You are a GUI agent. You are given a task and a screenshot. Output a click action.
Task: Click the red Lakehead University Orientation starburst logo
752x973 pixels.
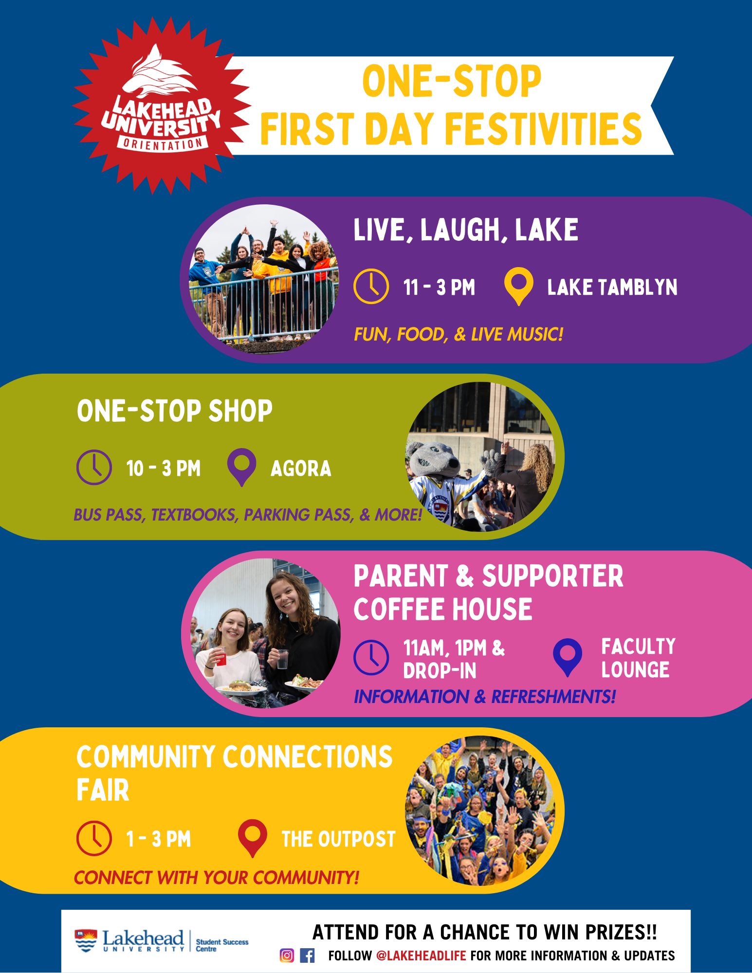tap(162, 106)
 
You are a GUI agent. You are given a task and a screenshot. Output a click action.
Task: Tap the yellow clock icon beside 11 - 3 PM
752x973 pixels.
tap(371, 287)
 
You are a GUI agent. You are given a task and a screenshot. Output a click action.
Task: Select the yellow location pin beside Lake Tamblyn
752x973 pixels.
tap(518, 287)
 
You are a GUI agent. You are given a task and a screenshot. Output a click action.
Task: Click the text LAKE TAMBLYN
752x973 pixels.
tap(612, 287)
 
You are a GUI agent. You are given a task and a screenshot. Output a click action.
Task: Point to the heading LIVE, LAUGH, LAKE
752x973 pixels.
tap(466, 230)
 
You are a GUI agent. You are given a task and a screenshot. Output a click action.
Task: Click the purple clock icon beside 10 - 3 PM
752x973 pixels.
tap(94, 468)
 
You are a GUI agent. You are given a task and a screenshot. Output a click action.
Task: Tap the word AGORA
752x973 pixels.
tap(301, 468)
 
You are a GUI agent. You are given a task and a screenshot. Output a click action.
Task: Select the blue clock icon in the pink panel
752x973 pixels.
tap(371, 657)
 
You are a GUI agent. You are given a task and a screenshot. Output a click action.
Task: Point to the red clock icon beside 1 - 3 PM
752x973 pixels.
tap(94, 839)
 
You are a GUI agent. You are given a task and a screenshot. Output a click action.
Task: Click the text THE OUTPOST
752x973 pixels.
tap(339, 839)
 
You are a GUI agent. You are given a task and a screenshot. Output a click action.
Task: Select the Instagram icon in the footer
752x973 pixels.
tap(287, 955)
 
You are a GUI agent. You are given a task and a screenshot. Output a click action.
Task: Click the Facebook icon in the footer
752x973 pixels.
tap(307, 955)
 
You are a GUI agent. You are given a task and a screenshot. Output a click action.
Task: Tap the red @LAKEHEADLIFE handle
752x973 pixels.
tap(422, 956)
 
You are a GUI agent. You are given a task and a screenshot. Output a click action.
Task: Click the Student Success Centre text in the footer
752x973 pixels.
tap(222, 945)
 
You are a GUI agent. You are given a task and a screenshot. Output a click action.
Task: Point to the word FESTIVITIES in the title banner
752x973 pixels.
tap(544, 129)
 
